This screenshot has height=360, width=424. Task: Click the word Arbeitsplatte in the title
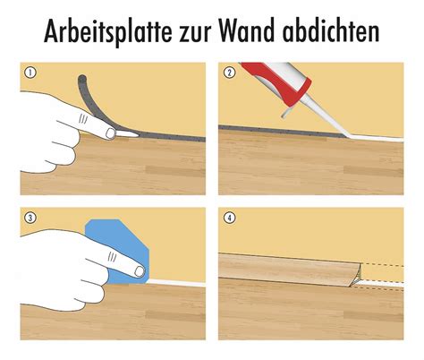108,30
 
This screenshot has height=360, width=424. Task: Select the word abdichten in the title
331,30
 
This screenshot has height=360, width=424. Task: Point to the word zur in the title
194,34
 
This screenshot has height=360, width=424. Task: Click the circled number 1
30,73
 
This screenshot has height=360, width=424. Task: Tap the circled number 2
229,73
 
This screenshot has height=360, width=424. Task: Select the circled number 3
30,218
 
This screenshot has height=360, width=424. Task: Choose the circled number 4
229,218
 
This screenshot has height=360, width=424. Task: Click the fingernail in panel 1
110,133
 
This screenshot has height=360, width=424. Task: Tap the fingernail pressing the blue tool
140,271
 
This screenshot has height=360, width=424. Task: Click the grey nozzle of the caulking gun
324,117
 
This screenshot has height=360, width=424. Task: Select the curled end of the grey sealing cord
82,80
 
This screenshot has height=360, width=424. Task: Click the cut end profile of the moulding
357,275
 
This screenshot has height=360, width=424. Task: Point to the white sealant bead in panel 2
377,138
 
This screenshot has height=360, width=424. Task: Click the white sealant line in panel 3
176,283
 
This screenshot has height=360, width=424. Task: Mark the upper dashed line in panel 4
383,264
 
